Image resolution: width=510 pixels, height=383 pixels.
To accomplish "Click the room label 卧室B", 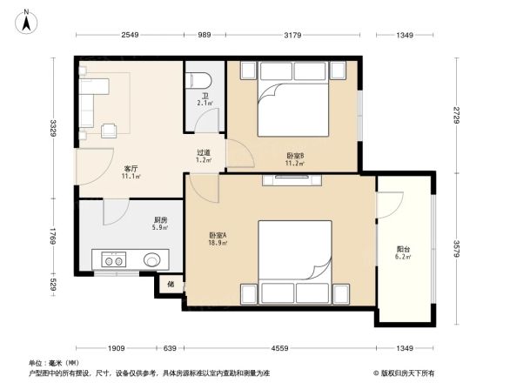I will (x=294, y=157).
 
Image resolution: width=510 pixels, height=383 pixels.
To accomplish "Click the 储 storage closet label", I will (x=171, y=283).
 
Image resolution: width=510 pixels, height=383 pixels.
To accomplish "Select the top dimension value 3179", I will (x=292, y=35).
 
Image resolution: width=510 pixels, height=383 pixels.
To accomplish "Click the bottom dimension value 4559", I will (x=279, y=349).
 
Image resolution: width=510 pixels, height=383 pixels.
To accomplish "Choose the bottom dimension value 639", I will (x=171, y=349).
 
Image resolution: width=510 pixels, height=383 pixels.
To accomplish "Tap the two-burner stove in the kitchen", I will (x=113, y=259).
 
